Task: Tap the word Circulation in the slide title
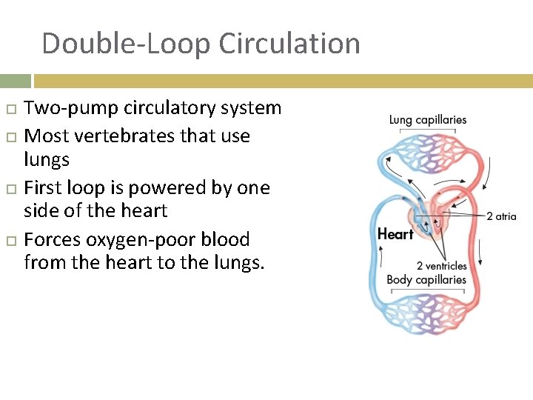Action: coord(292,44)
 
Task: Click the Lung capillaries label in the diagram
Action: coord(428,119)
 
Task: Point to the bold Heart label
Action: coord(395,234)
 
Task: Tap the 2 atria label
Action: coord(501,216)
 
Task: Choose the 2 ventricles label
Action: coord(442,266)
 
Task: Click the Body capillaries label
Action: coord(426,280)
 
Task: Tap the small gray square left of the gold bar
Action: coord(15,81)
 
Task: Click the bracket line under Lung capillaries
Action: coord(429,130)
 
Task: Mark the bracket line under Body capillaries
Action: coord(427,290)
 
